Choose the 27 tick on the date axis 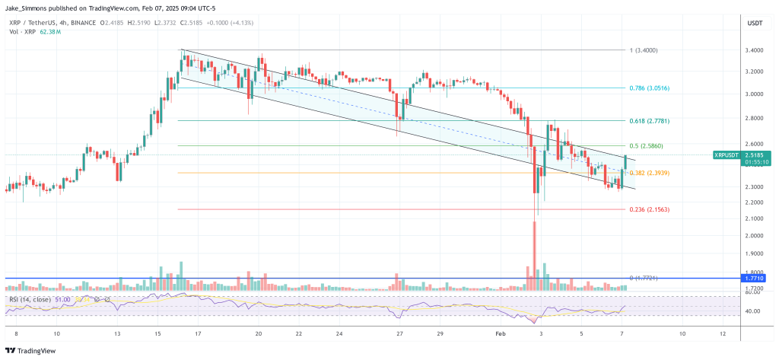(x=399, y=333)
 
